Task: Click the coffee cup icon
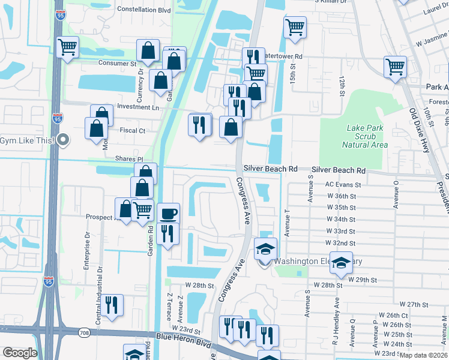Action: (168, 213)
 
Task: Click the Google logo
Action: (20, 353)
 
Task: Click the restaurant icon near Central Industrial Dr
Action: (112, 304)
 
